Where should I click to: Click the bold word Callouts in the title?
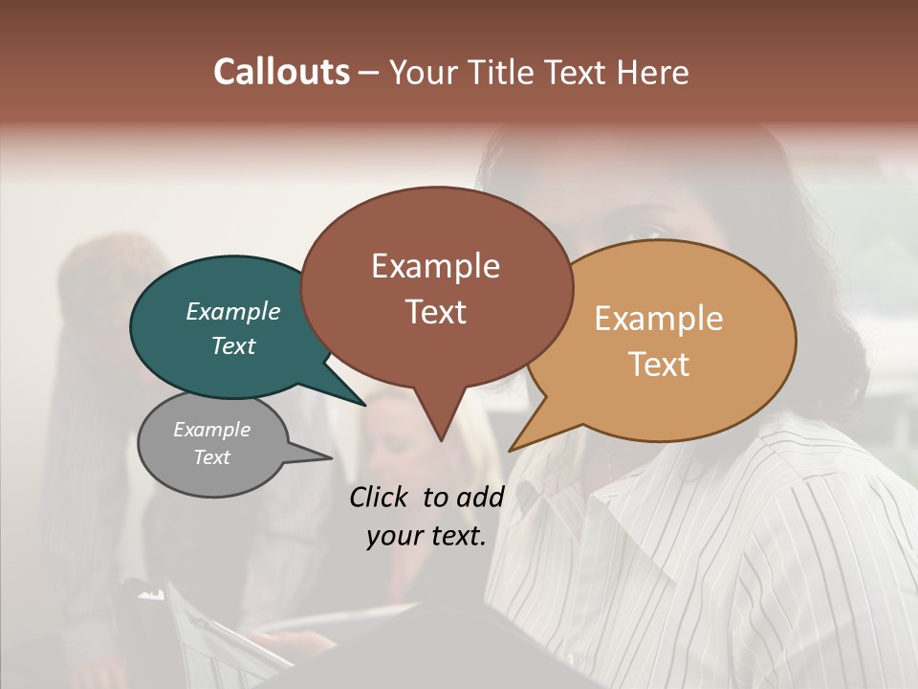281,72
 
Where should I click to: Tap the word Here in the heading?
651,72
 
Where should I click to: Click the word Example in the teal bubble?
233,311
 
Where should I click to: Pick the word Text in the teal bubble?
233,345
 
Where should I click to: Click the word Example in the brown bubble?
435,266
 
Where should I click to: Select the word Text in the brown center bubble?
436,311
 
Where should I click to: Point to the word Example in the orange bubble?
659,319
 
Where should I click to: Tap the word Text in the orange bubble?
660,365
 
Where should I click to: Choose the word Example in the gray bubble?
212,430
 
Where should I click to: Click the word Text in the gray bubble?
212,457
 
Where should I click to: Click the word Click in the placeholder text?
380,497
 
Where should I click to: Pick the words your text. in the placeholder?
426,536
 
